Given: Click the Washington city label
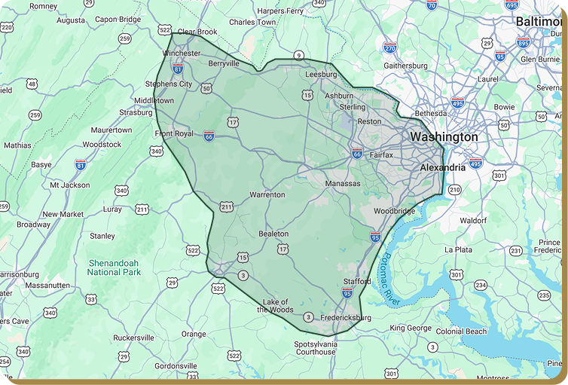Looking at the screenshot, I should click(x=444, y=137).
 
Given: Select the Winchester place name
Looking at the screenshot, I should click(x=182, y=53).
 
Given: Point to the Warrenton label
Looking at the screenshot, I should click(x=267, y=194).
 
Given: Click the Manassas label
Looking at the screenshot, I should click(x=343, y=183).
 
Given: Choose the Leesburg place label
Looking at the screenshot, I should click(x=321, y=75).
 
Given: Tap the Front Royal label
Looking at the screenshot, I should click(x=174, y=134).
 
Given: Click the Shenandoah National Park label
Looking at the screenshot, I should click(x=115, y=267).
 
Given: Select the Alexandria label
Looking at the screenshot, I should click(x=442, y=167).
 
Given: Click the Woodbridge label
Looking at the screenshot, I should click(x=394, y=211).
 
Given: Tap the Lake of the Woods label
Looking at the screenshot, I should click(x=275, y=305).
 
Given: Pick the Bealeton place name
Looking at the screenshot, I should click(x=273, y=234).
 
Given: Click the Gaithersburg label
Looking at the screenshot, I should click(x=405, y=66).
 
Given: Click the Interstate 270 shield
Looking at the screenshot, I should click(x=389, y=47).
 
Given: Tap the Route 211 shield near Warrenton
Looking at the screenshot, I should click(x=227, y=206).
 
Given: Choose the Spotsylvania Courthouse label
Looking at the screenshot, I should click(x=315, y=347).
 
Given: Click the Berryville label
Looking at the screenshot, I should click(x=224, y=64).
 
